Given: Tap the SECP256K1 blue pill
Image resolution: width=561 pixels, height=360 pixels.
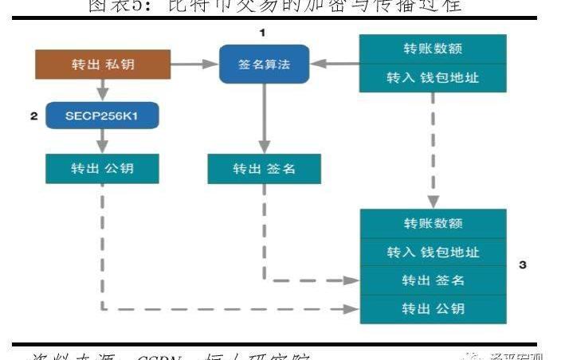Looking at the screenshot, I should tap(102, 116).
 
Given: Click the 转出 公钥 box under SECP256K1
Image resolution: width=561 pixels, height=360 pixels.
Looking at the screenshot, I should tap(102, 168).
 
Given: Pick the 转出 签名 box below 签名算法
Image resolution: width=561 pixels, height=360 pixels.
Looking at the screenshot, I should tap(265, 169).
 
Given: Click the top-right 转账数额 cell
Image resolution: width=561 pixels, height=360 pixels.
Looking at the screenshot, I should tap(433, 48).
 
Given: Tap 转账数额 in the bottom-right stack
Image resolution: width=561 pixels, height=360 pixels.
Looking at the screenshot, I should tap(433, 223).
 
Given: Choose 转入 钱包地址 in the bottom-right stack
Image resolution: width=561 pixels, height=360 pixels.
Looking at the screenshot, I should tap(433, 252).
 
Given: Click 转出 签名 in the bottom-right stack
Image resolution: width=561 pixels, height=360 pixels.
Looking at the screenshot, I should tap(433, 280).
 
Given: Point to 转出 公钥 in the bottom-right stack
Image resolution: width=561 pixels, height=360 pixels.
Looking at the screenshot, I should tap(433, 308).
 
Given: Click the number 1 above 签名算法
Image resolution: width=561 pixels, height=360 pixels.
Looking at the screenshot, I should tap(262, 33).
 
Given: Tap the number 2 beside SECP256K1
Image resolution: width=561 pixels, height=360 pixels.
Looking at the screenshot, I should tap(34, 116).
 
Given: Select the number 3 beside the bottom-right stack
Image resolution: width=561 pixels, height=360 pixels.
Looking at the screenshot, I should tap(522, 264).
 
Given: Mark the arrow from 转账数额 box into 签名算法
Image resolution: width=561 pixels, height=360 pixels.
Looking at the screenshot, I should tap(335, 63).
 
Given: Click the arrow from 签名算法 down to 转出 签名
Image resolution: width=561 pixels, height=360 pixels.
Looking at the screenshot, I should tap(263, 119).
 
